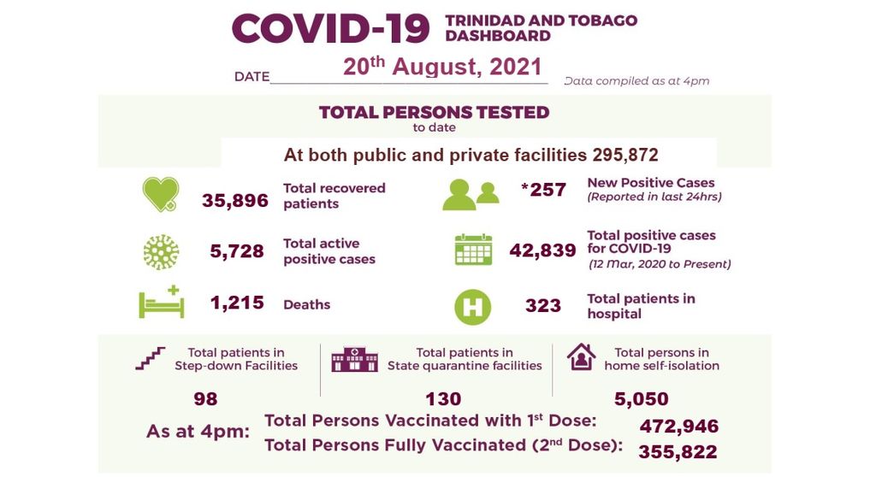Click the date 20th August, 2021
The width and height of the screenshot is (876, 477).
click(442, 67)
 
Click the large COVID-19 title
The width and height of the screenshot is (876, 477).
click(330, 28)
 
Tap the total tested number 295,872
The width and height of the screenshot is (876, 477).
click(625, 155)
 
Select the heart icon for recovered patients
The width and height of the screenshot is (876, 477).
click(160, 195)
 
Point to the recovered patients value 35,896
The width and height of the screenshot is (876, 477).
click(235, 201)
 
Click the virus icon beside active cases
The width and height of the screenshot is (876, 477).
click(160, 251)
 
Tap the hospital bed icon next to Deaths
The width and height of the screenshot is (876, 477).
click(161, 303)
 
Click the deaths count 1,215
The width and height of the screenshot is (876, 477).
click(237, 303)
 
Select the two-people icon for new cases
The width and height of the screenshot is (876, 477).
click(471, 193)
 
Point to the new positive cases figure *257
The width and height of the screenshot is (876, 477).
click(543, 189)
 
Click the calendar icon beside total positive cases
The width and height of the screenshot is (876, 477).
click(472, 249)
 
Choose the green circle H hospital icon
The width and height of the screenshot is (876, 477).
click(472, 307)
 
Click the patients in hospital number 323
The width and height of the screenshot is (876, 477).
click(543, 306)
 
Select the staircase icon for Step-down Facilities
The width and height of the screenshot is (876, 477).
click(150, 357)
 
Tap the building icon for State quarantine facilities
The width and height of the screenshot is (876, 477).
click(354, 358)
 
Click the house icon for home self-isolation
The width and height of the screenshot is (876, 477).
click(581, 356)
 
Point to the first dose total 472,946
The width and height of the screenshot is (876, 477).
click(678, 426)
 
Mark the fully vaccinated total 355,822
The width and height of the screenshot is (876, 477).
click(677, 451)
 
